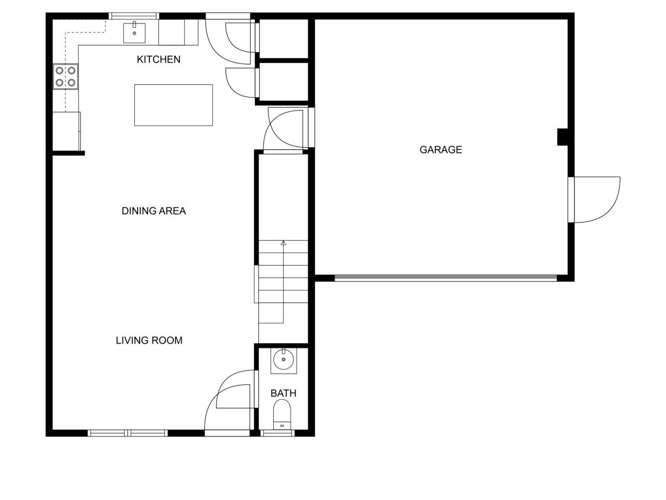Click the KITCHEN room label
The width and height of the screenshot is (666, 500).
(x=158, y=59)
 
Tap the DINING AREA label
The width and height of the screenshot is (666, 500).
(x=153, y=211)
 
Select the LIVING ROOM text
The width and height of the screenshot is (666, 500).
(x=149, y=341)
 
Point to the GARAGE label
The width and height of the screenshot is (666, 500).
(x=441, y=150)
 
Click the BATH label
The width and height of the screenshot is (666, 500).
(x=284, y=393)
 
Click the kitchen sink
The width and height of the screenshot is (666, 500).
(x=135, y=33)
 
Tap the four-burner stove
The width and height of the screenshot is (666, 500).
(x=66, y=76)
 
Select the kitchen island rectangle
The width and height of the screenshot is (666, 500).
(x=173, y=105)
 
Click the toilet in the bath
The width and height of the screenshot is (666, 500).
(x=283, y=415)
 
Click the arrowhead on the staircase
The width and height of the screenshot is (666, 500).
(x=284, y=243)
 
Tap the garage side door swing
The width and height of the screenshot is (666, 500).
(x=596, y=201)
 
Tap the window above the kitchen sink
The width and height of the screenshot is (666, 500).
(x=134, y=16)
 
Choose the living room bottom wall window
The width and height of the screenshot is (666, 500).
(x=128, y=433)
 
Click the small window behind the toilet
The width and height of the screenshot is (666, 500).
(x=278, y=433)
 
